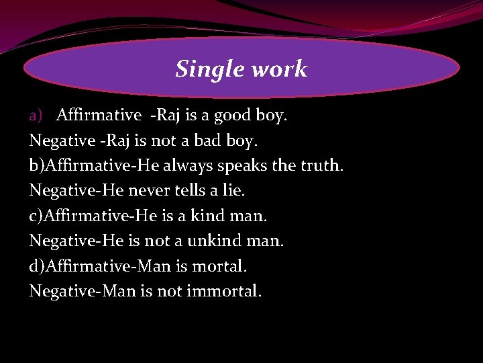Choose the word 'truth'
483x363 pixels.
pyautogui.click(x=319, y=166)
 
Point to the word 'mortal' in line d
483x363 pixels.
pyautogui.click(x=219, y=266)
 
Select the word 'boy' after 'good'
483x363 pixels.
pyautogui.click(x=270, y=116)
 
